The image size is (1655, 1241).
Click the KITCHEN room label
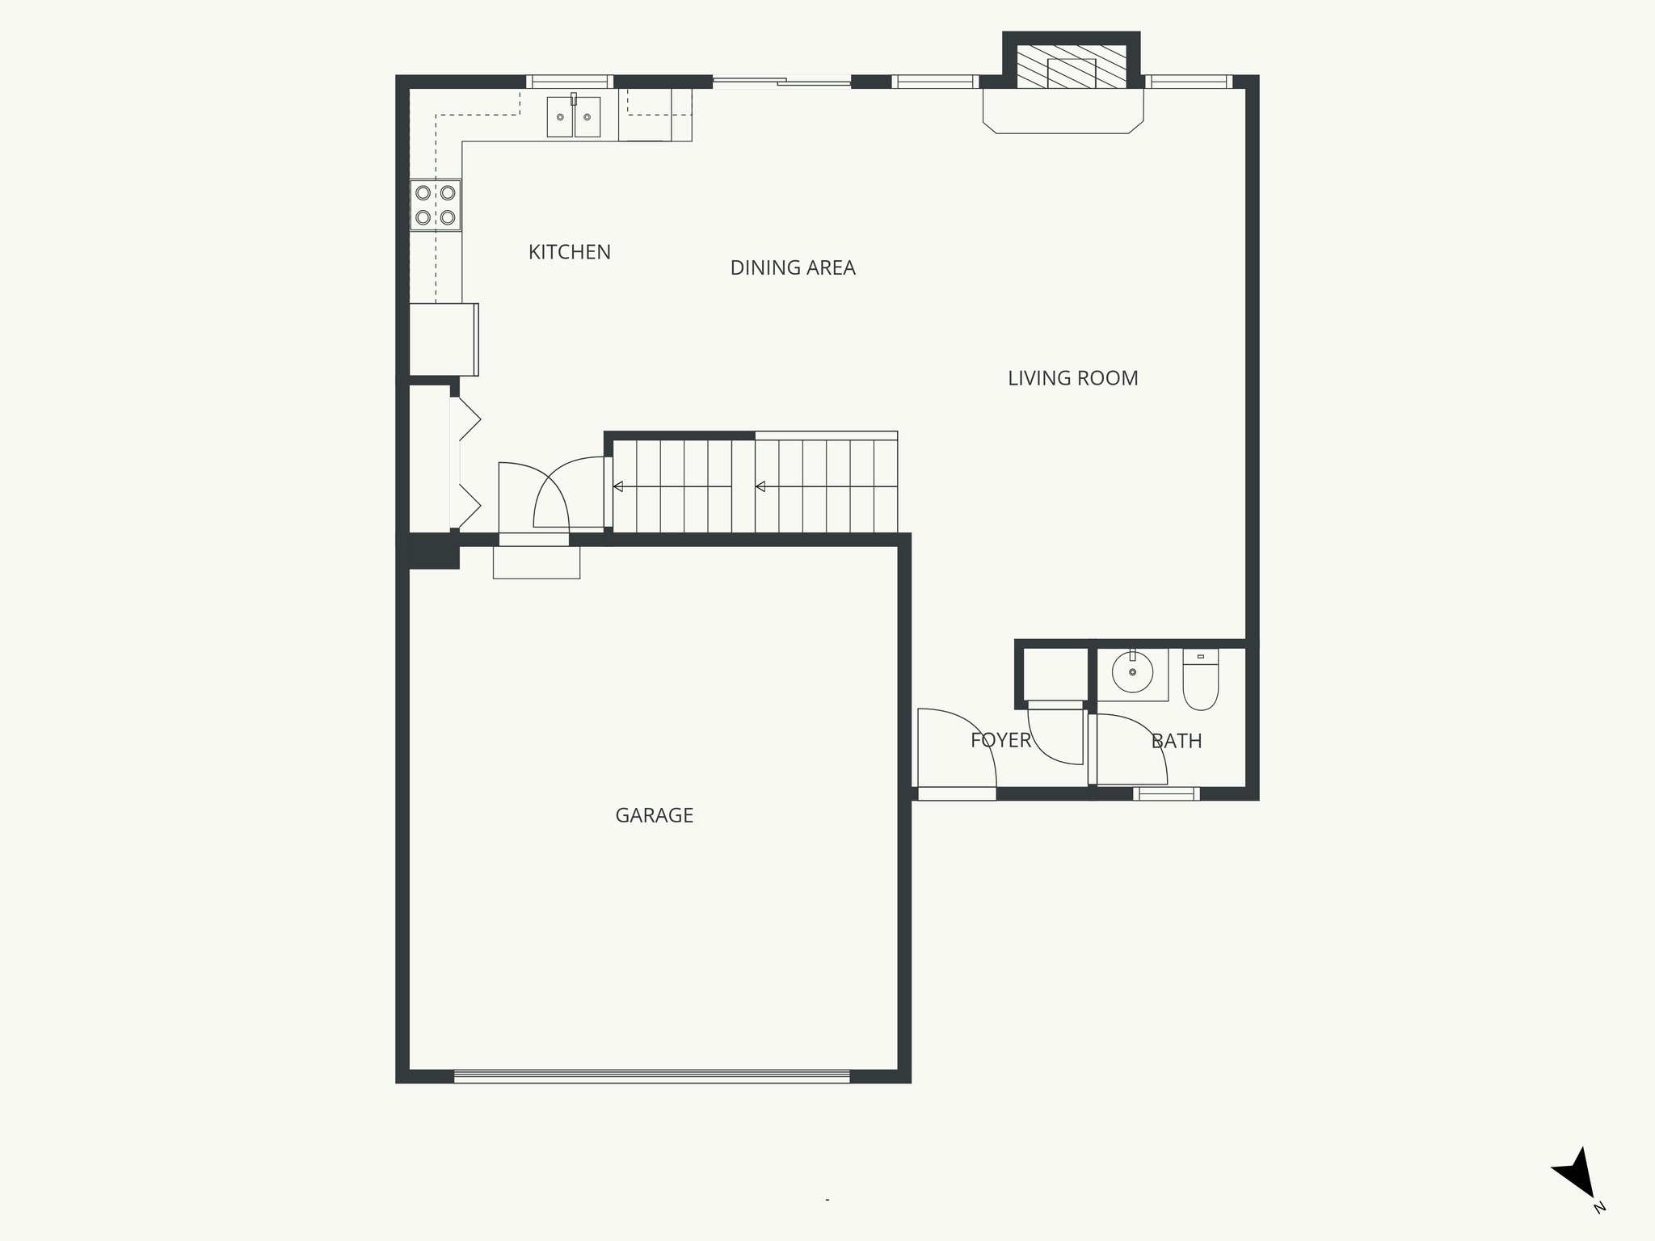pos(569,252)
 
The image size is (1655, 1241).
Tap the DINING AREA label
pos(792,267)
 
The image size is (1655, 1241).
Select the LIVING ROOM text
pos(1072,378)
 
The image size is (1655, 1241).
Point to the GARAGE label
pos(654,815)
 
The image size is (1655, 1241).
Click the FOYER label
pos(1000,740)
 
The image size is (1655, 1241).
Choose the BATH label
pos(1176,741)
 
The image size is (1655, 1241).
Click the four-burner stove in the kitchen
pos(436,205)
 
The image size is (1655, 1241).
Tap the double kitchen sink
pos(574,117)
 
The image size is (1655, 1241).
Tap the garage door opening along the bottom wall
pos(651,1076)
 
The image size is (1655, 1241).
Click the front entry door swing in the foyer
pos(957,747)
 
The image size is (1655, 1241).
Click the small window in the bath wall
pos(1166,794)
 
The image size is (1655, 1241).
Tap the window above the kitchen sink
pos(570,81)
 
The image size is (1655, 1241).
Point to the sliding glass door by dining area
pos(781,81)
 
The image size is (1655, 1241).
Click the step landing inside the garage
pos(537,562)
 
